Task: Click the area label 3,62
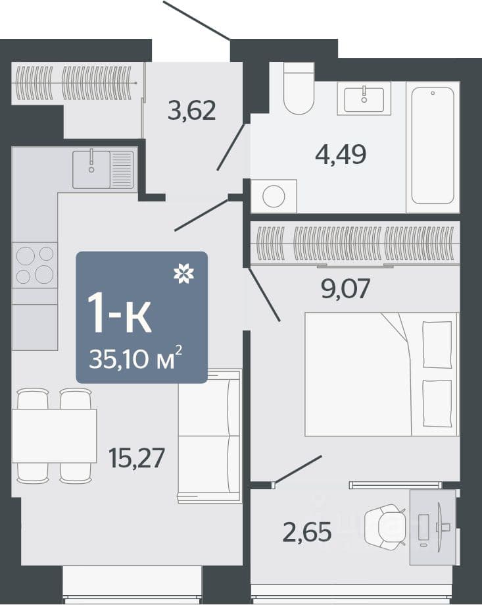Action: pos(191,111)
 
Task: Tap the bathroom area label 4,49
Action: pos(341,154)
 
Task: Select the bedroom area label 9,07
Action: pos(346,288)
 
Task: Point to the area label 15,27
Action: pos(136,458)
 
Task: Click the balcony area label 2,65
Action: pos(306,532)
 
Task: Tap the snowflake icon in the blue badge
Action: pos(183,274)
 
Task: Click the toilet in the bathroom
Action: pos(299,88)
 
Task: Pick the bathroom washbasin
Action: pos(364,98)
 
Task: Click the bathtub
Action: pos(433,147)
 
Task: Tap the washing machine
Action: pos(274,196)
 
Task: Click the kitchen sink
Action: pos(103,169)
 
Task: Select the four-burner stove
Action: pos(35,265)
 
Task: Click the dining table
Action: pos(54,436)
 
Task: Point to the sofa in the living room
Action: pos(210,436)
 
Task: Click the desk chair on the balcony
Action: pos(385,527)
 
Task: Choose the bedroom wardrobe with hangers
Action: pos(355,244)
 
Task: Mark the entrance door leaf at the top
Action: pos(197,20)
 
